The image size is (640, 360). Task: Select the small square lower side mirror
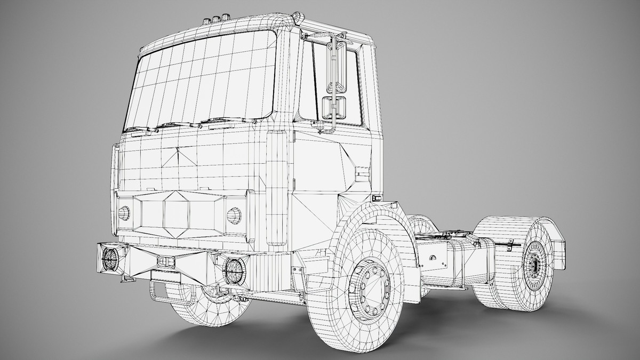coord(334,108)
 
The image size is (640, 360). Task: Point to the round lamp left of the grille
coord(124,213)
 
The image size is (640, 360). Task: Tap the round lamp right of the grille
coord(234,215)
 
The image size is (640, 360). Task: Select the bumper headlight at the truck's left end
coord(110,259)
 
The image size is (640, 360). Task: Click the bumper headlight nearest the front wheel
coord(233,271)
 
